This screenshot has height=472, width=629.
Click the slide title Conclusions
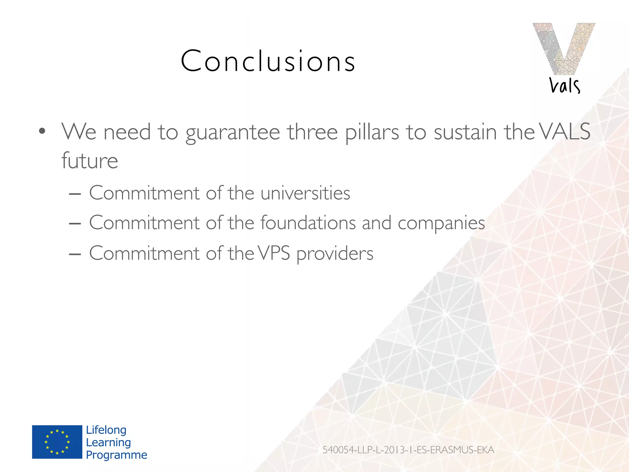pyautogui.click(x=268, y=61)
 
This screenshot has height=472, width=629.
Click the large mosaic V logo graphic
pyautogui.click(x=564, y=48)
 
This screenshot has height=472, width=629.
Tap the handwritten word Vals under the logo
pyautogui.click(x=565, y=85)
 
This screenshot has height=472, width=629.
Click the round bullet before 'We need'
pyautogui.click(x=42, y=132)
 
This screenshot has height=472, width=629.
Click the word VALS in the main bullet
pyautogui.click(x=565, y=132)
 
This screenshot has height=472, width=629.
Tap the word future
pyautogui.click(x=90, y=160)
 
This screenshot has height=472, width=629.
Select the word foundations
pyautogui.click(x=308, y=222)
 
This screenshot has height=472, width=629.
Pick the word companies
pyautogui.click(x=441, y=223)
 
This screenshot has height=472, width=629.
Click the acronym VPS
pyautogui.click(x=274, y=253)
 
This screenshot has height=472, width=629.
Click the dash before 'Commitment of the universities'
pyautogui.click(x=75, y=194)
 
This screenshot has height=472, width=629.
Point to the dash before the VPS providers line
pyautogui.click(x=75, y=254)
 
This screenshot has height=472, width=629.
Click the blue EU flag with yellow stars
pyautogui.click(x=57, y=442)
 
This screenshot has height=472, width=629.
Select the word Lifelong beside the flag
pyautogui.click(x=106, y=430)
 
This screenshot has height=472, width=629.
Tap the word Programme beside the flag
pyautogui.click(x=116, y=455)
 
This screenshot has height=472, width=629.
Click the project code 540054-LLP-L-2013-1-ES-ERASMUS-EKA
pyautogui.click(x=408, y=450)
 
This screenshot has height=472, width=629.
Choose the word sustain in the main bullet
pyautogui.click(x=465, y=132)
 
